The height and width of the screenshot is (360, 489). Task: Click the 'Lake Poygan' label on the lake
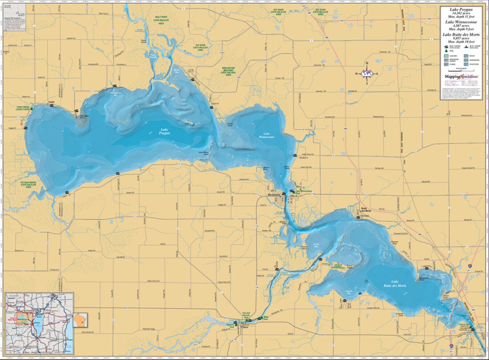pos(164,131)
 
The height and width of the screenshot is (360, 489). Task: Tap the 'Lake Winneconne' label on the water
pos(266,135)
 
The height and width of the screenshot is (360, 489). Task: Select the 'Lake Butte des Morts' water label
pos(395,284)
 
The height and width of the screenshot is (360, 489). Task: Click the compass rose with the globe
pos(367,74)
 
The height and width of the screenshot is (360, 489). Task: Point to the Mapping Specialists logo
pos(461,76)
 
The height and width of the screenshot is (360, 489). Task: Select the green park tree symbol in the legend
pos(446,50)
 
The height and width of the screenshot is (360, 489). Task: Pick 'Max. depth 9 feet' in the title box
pos(461,29)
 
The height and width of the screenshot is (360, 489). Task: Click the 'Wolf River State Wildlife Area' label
pos(161,20)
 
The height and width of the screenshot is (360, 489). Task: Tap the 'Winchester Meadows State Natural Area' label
pos(228,71)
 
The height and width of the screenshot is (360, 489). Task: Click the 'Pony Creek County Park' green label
pos(22,108)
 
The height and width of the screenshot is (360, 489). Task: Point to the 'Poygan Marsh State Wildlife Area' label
pos(28,185)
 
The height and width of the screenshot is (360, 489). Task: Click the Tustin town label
pos(51,102)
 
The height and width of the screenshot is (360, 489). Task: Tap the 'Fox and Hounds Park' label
pos(246,315)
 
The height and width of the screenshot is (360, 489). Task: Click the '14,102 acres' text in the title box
pos(461,13)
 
